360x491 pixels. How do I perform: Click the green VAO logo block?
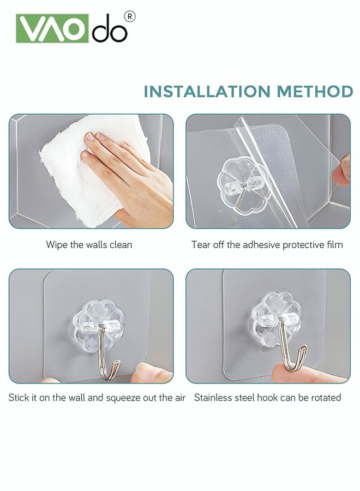[x=52, y=29]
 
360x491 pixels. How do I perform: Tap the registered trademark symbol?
[x=130, y=17]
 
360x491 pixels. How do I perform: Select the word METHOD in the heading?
[x=315, y=91]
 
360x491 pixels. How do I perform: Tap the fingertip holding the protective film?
[x=342, y=169]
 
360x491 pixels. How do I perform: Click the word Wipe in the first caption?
[x=57, y=244]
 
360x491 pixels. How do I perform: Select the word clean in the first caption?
[x=121, y=244]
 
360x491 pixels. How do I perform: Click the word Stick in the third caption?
[x=18, y=397]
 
